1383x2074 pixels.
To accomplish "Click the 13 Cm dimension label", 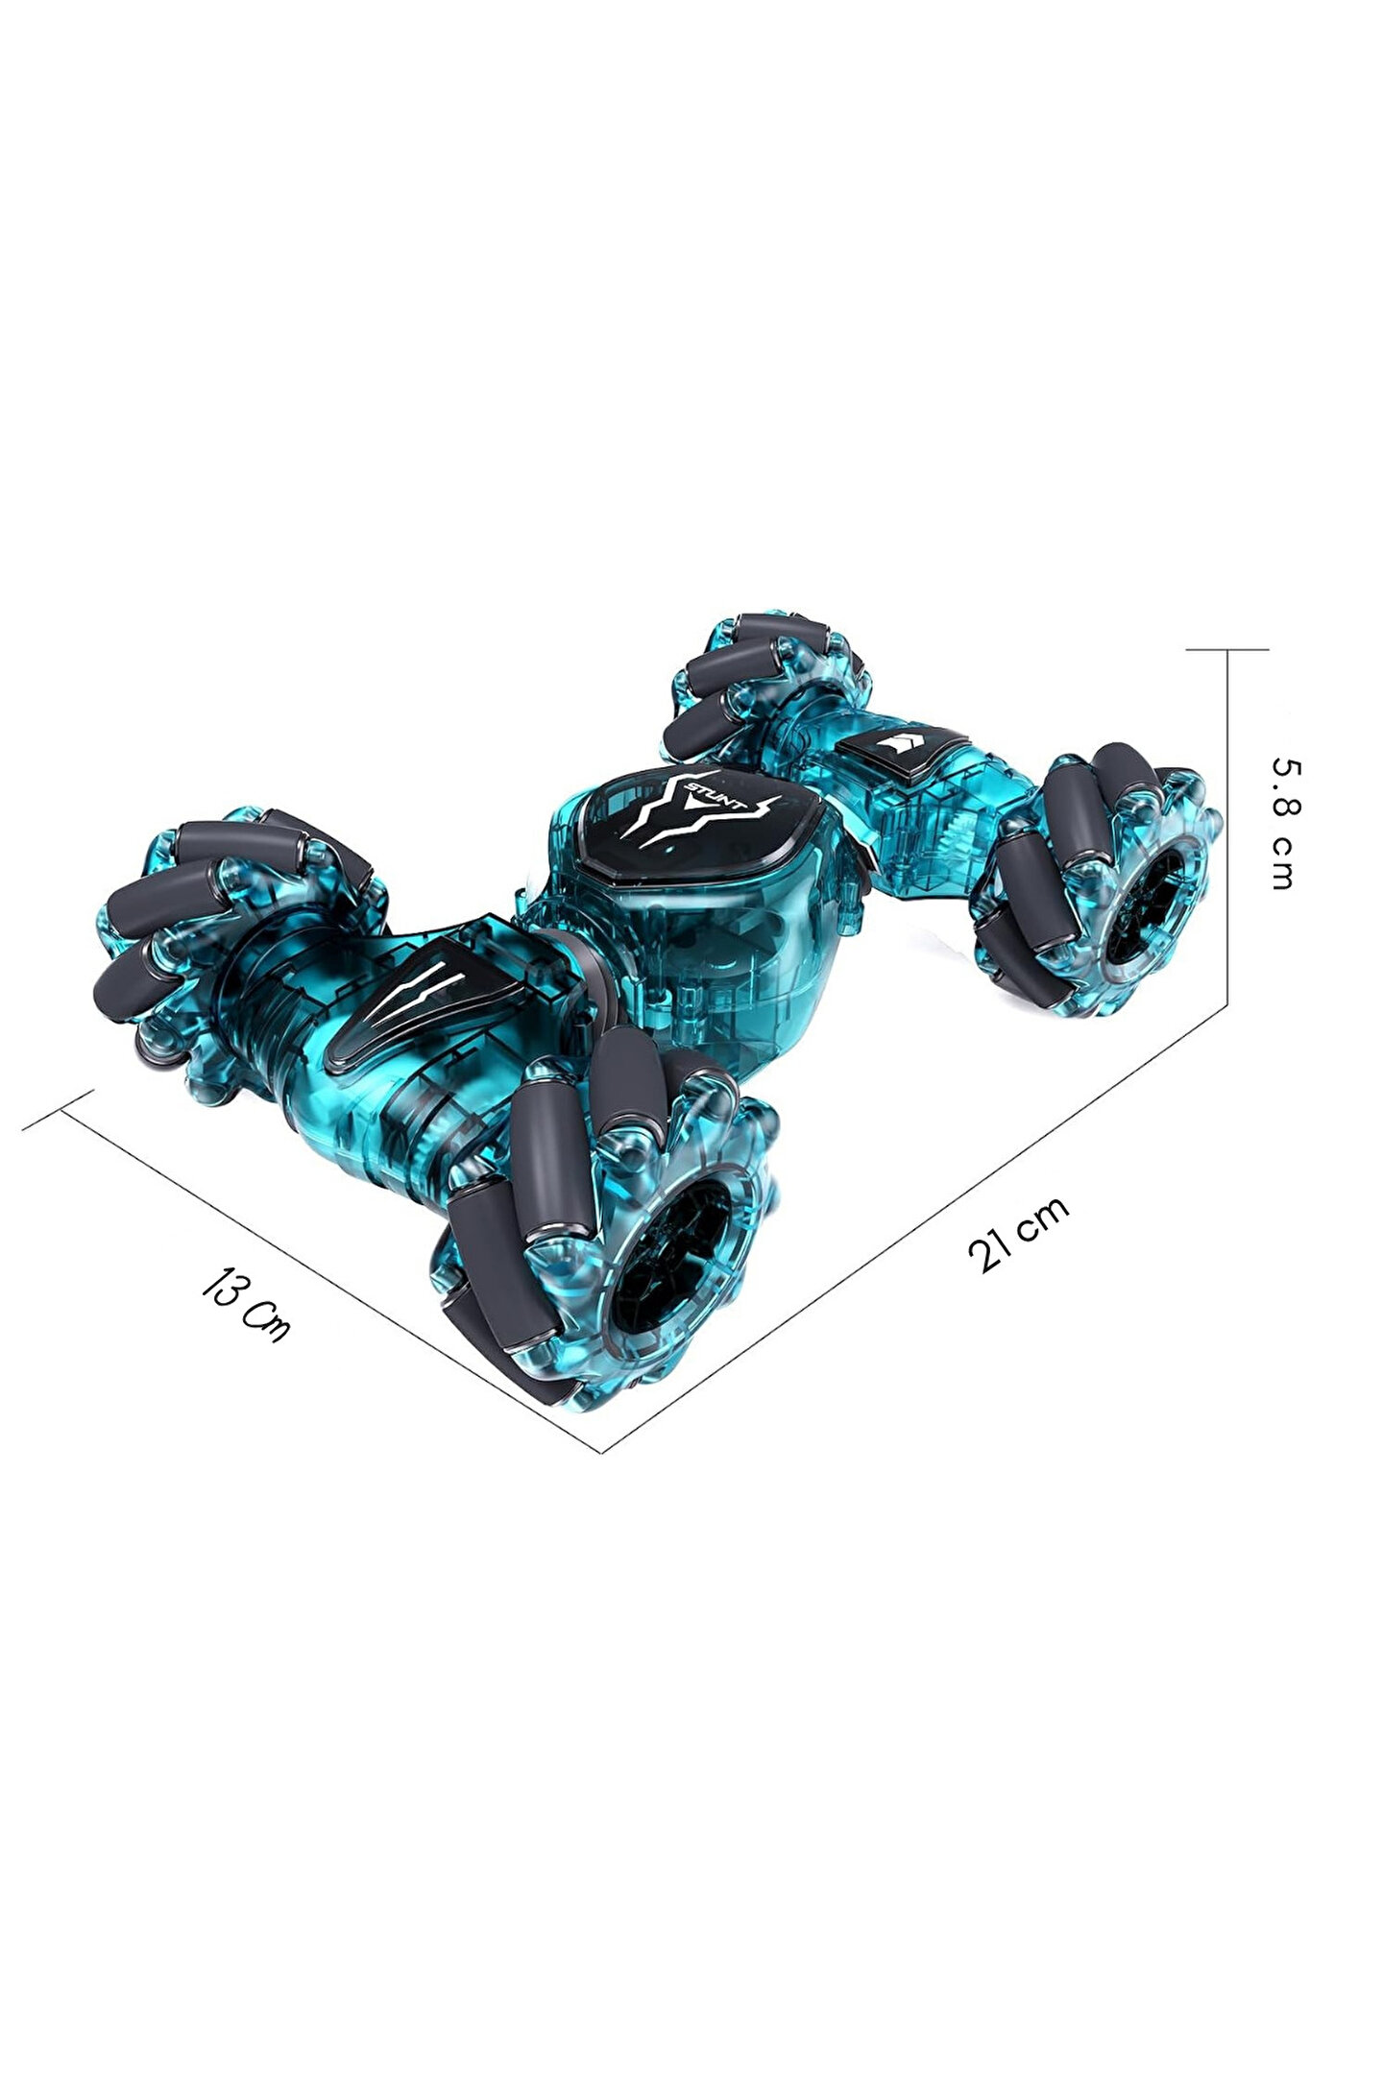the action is (245, 1305).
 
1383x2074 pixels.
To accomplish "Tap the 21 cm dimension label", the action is (1018, 1235).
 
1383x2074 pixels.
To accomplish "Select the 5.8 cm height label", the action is (1283, 823).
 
